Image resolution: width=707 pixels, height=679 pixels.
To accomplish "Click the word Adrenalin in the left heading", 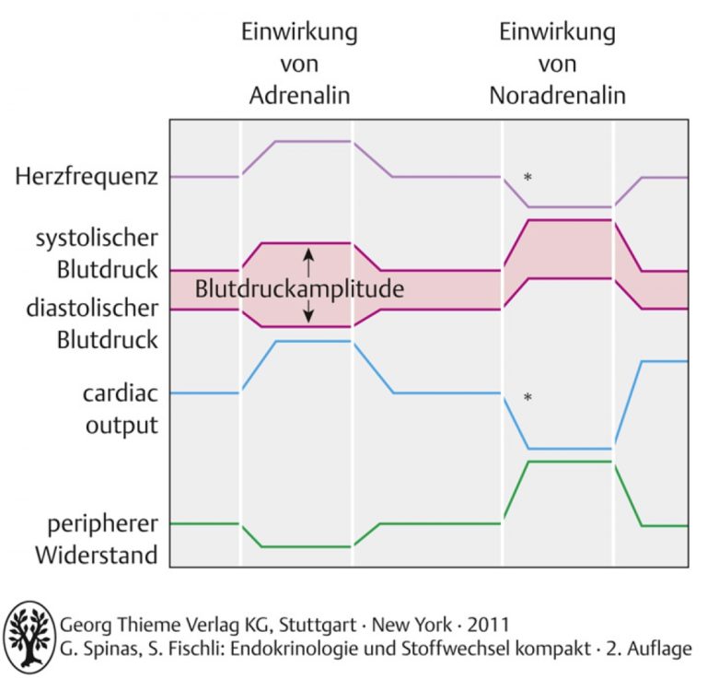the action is click(300, 96).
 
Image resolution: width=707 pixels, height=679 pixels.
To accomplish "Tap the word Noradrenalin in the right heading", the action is click(558, 96).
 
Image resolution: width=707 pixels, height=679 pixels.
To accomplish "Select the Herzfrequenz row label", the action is click(87, 176).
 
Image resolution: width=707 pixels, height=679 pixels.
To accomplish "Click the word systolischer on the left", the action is click(97, 239).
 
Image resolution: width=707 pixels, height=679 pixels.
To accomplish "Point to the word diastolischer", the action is click(92, 308).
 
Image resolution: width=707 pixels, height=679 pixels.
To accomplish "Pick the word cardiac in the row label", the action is click(121, 393).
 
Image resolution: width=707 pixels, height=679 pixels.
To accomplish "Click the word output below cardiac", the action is click(122, 426).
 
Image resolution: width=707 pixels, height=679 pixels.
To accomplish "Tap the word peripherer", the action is click(103, 524).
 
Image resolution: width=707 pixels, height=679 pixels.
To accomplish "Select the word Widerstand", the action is click(97, 556).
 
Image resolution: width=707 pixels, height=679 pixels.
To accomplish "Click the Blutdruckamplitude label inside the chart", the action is click(299, 289).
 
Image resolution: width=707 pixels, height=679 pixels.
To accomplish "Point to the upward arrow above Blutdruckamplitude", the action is click(308, 263).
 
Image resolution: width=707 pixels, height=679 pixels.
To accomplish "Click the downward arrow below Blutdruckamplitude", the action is click(308, 311).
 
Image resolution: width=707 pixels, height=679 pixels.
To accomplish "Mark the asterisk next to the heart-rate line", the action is click(527, 177).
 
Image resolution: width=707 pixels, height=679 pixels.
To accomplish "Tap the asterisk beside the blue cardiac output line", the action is click(527, 397).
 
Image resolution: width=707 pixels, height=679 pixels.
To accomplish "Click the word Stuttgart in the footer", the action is click(318, 626).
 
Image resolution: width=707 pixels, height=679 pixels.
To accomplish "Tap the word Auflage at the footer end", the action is click(659, 650).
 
